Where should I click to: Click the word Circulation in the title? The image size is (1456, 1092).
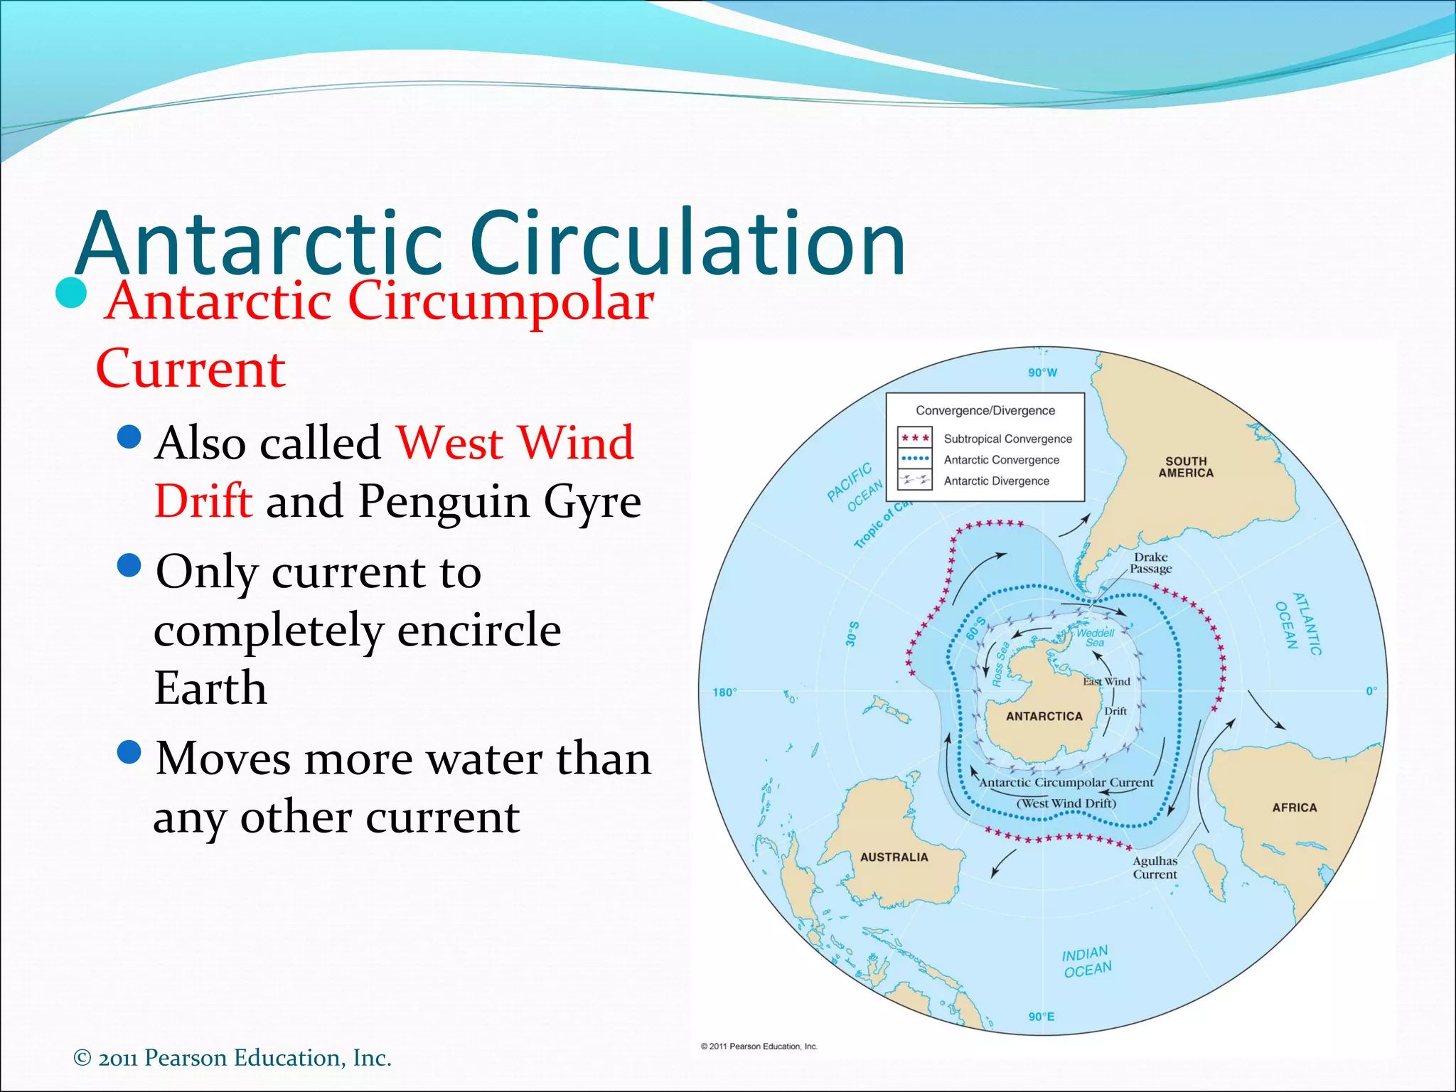pos(687,243)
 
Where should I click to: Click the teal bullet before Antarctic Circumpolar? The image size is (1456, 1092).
pos(71,293)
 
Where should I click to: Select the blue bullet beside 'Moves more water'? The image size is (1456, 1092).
pos(129,751)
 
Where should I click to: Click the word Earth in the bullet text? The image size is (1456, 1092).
pos(210,688)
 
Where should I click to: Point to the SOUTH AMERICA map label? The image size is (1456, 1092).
pos(1186,467)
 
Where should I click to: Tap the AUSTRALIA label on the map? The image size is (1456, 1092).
pos(894,857)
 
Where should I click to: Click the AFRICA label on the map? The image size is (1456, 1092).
pos(1295,808)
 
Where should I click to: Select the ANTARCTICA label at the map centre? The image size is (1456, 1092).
pos(1044,717)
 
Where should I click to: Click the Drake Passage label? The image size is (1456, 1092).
pos(1151,563)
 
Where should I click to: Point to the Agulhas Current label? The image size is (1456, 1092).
pos(1155,868)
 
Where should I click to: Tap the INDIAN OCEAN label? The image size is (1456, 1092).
pos(1086,962)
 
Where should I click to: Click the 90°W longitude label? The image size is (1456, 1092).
pos(1042,373)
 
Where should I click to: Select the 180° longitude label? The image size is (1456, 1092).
pos(724,692)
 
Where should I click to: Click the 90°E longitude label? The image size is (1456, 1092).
pos(1042,1017)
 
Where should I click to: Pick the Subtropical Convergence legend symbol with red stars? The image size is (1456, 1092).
pos(915,438)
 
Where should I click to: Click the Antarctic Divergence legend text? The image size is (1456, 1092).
pos(996,481)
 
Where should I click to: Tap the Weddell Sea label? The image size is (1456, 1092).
pos(1095,638)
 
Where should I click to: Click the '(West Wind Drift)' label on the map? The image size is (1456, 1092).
pos(1066,803)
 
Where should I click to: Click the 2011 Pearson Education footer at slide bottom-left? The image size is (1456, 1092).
pos(232,1058)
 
